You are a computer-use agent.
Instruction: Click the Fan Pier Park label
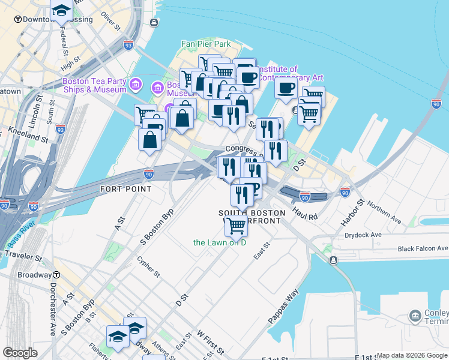(x=206, y=44)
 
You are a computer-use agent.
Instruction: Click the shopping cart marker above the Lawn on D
(x=237, y=226)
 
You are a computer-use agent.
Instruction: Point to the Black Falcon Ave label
(x=423, y=248)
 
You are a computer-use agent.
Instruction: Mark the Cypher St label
(x=148, y=268)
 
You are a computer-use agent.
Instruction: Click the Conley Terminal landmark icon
(x=415, y=315)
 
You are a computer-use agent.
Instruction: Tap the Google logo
(x=20, y=353)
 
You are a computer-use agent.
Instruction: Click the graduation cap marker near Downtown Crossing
(x=61, y=11)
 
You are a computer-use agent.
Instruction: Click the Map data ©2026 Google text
(x=412, y=355)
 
